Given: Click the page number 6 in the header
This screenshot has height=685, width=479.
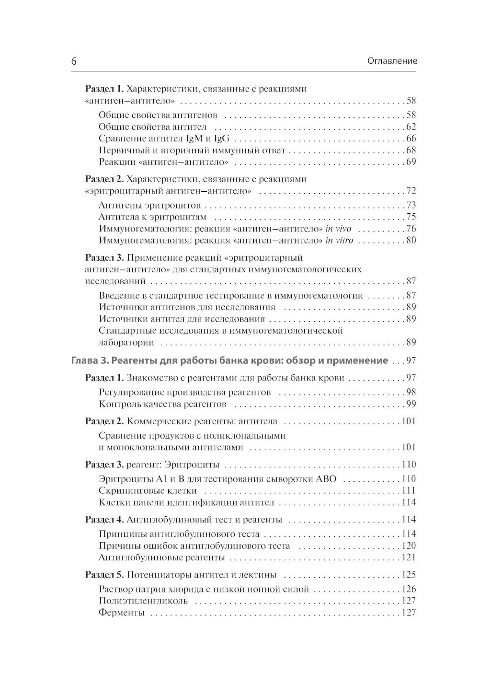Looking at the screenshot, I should [x=74, y=61].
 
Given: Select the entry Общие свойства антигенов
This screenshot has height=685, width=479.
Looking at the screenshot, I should [x=158, y=115].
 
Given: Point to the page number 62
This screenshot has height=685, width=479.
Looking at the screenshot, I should [x=411, y=127].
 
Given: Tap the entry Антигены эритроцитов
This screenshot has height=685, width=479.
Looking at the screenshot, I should [x=149, y=206].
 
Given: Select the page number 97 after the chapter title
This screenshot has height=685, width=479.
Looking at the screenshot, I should [x=411, y=360].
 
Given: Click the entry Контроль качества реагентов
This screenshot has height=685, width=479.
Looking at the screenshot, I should [x=162, y=404].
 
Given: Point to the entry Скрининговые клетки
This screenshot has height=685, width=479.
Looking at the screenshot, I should [x=148, y=491].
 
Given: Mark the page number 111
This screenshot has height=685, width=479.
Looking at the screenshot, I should [x=409, y=491].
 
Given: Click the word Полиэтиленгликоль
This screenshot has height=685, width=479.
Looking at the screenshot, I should [x=143, y=601].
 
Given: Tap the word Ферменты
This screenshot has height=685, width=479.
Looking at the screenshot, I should [x=121, y=613].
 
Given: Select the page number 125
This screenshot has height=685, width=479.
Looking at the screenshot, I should [x=409, y=575].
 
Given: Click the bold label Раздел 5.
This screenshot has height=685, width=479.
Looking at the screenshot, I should [x=104, y=575].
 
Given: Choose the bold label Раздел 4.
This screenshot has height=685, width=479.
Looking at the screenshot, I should [x=104, y=520].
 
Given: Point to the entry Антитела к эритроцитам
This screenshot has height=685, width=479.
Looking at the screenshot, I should [x=152, y=217].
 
